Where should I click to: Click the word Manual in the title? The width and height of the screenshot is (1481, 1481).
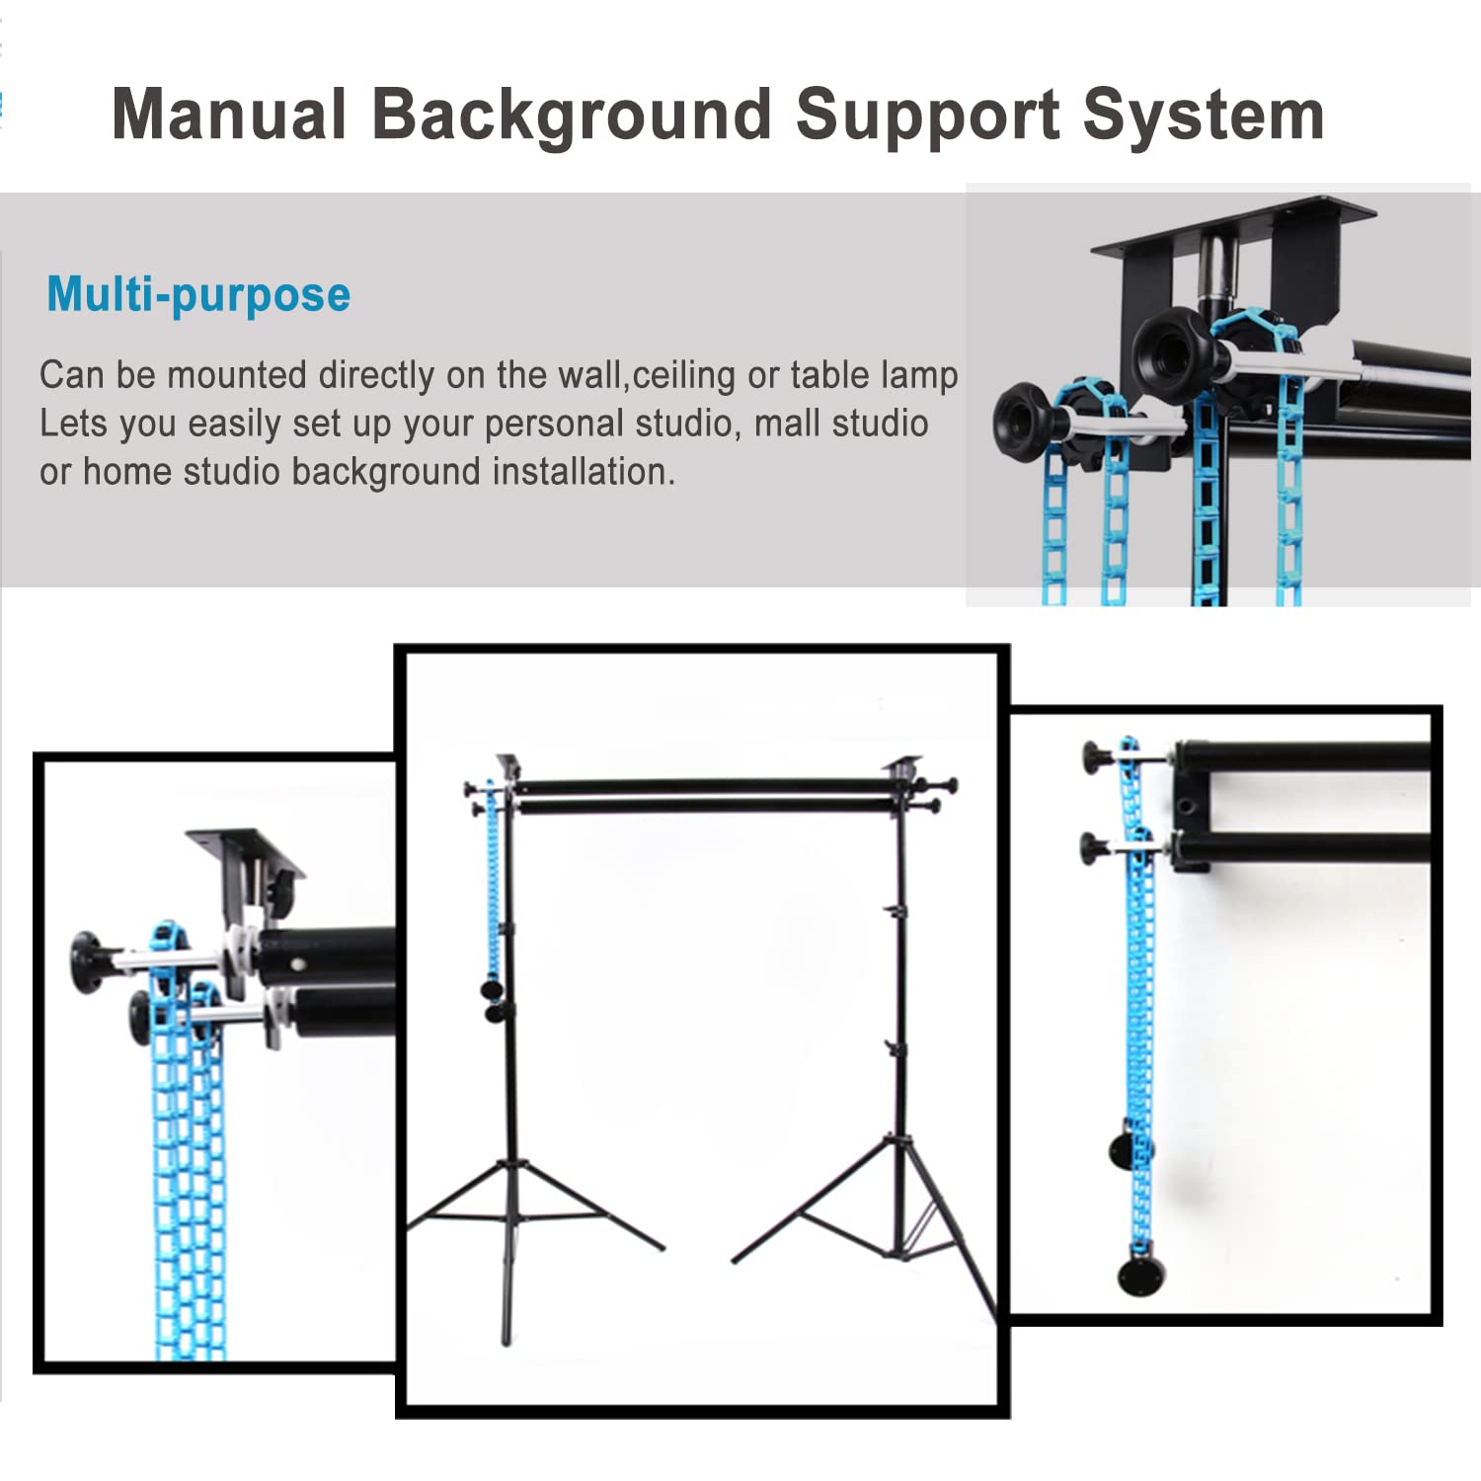pos(229,115)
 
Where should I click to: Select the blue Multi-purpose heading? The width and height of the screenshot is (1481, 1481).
pos(198,294)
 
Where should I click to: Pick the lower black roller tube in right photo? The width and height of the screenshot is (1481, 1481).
pos(1303,847)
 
